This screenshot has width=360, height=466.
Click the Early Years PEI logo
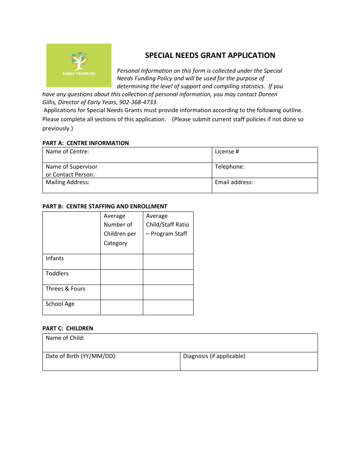pyautogui.click(x=79, y=65)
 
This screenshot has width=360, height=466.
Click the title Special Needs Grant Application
pyautogui.click(x=210, y=55)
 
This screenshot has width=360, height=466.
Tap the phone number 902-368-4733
pyautogui.click(x=138, y=102)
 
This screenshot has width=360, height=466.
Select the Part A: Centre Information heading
pyautogui.click(x=86, y=143)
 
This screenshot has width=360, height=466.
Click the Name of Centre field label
pyautogui.click(x=67, y=152)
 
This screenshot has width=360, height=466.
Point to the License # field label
pyautogui.click(x=227, y=152)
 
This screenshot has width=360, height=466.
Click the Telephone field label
pyautogui.click(x=230, y=167)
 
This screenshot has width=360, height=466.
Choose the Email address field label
pyautogui.click(x=234, y=182)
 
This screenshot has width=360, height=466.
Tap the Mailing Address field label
pyautogui.click(x=67, y=182)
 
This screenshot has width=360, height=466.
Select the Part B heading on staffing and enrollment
pyautogui.click(x=105, y=206)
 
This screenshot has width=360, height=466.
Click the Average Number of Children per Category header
pyautogui.click(x=120, y=230)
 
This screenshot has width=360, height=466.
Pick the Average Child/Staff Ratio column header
pyautogui.click(x=167, y=225)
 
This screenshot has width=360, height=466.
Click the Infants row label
pyautogui.click(x=55, y=258)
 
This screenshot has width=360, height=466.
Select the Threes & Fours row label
pyautogui.click(x=66, y=289)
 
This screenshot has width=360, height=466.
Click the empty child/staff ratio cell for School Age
pyautogui.click(x=168, y=307)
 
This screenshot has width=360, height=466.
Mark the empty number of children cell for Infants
pyautogui.click(x=122, y=262)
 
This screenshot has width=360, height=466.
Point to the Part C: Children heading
pyautogui.click(x=68, y=328)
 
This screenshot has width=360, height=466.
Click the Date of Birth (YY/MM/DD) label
pyautogui.click(x=81, y=356)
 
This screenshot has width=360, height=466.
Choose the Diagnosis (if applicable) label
pyautogui.click(x=214, y=356)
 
